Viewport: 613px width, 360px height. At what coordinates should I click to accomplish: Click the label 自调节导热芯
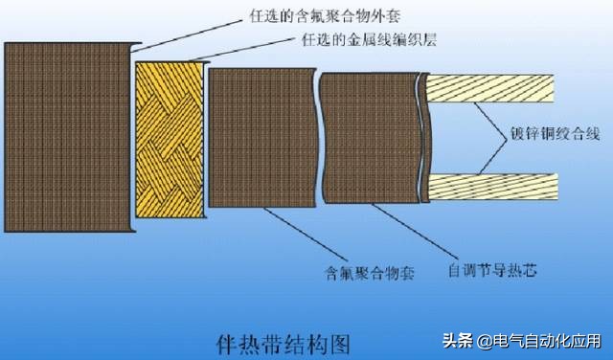pyautogui.click(x=492, y=271)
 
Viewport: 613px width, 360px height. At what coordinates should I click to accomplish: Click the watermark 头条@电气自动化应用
pyautogui.click(x=522, y=341)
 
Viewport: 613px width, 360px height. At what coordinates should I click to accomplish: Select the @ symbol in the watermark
pyautogui.click(x=482, y=342)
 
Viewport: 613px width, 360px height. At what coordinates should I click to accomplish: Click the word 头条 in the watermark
pyautogui.click(x=457, y=341)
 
